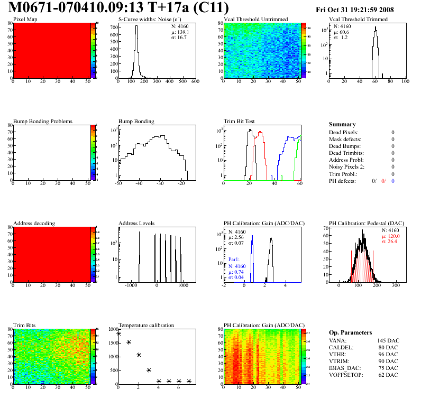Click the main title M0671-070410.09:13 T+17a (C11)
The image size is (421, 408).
[x=120, y=8]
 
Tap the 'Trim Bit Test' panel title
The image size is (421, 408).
[x=240, y=121]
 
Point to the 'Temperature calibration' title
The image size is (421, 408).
[x=146, y=325]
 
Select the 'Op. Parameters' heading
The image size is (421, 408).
[x=350, y=332]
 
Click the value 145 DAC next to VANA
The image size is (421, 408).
[x=387, y=340]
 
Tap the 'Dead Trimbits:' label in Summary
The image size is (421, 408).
[x=346, y=153]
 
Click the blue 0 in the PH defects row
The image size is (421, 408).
[x=393, y=181]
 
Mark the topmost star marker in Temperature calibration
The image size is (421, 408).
[x=118, y=333]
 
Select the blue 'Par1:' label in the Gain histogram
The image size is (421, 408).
[x=234, y=259]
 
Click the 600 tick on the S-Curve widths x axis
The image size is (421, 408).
[x=195, y=81]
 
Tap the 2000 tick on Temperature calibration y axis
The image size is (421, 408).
[x=112, y=329]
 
